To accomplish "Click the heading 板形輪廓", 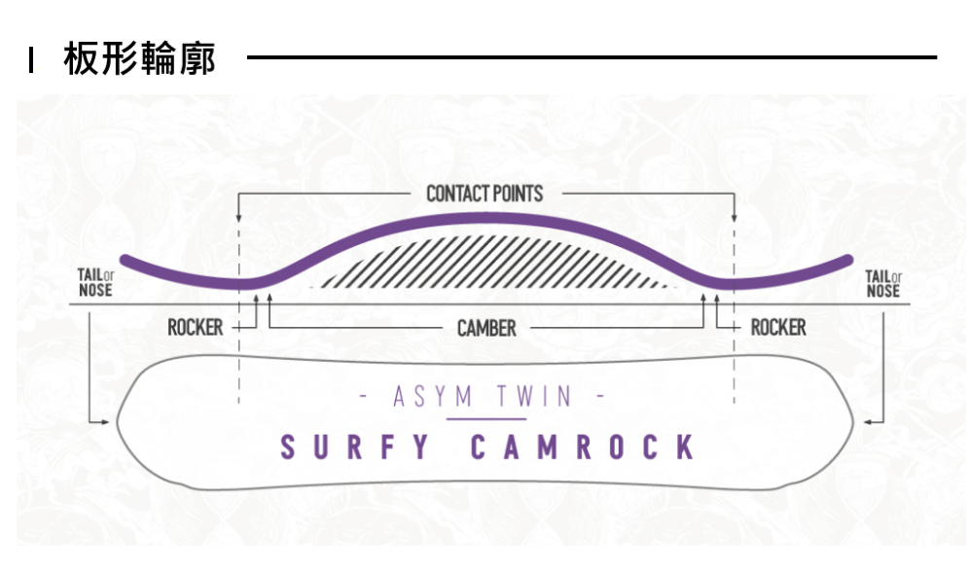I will point(139,59).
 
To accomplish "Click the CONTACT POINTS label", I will point(484,194).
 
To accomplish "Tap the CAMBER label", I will point(486,328).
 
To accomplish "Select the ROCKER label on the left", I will point(195,328).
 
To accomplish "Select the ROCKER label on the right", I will point(778,328).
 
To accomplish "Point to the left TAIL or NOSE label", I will point(95,284).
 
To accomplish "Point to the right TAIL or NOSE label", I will point(882,284).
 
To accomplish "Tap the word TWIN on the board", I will point(534,397).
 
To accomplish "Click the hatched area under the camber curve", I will point(486,263).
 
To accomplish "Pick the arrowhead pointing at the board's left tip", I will point(106,422).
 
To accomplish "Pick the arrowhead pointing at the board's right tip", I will point(866,422).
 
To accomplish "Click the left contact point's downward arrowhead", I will point(238,217).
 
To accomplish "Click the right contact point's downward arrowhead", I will point(735,217).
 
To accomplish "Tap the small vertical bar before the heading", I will point(32,60).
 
